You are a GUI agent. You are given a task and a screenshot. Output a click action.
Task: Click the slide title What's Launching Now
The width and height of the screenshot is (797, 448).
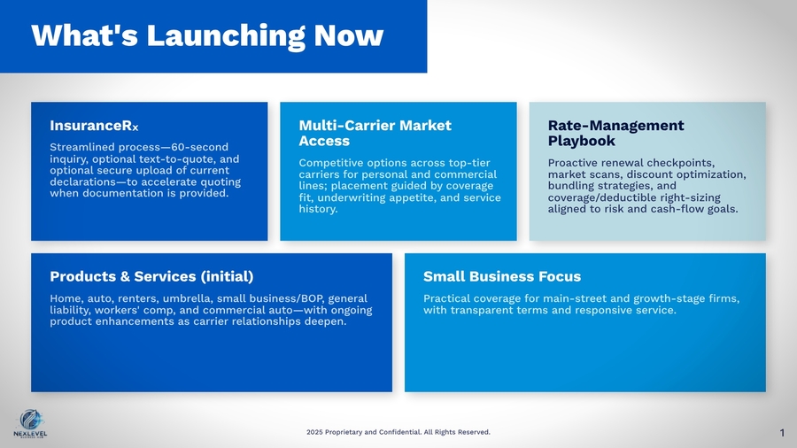[207, 35]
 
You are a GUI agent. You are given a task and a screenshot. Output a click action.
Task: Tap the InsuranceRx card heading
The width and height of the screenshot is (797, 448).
[94, 126]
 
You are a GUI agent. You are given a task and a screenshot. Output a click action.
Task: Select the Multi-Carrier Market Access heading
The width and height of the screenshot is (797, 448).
[375, 133]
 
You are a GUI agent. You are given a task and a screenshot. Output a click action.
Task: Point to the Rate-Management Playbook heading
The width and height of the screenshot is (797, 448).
[616, 133]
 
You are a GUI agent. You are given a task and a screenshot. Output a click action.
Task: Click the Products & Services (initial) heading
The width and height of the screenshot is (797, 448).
[151, 276]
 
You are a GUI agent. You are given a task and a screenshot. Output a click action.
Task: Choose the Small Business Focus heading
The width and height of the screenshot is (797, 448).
[502, 276]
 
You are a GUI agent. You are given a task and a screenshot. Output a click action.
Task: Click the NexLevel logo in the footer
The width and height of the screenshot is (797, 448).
[30, 423]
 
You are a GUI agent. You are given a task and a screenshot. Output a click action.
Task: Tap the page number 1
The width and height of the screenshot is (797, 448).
[782, 433]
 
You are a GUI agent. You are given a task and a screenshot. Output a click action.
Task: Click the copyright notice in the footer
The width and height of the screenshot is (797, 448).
[398, 432]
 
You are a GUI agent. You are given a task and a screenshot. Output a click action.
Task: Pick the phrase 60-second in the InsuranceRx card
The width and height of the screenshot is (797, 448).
[200, 147]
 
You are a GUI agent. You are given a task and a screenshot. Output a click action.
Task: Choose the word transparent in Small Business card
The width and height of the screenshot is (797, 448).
[480, 311]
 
